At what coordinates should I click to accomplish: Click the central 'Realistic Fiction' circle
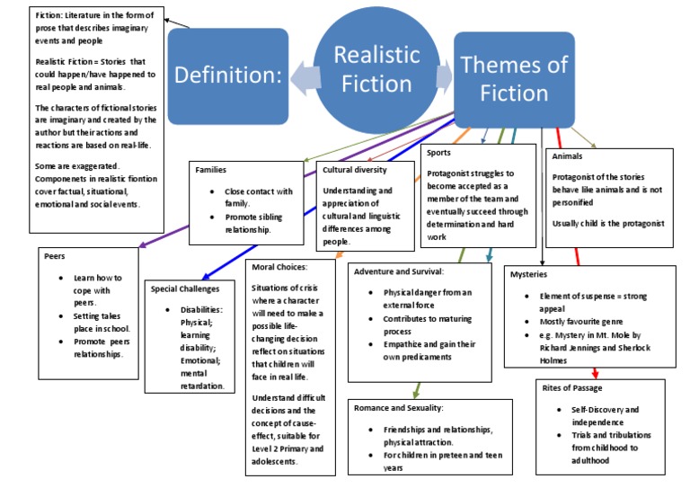click(x=377, y=68)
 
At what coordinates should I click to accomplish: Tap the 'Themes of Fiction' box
click(x=514, y=78)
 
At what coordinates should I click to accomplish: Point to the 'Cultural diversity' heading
click(x=354, y=169)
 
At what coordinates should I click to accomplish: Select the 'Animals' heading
click(x=569, y=156)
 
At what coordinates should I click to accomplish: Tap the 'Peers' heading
click(x=55, y=256)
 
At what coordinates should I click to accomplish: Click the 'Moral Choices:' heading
click(x=280, y=267)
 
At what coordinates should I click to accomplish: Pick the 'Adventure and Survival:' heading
click(x=403, y=271)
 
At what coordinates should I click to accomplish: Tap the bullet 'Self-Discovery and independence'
click(x=603, y=416)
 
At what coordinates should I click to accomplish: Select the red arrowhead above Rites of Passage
click(x=596, y=373)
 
